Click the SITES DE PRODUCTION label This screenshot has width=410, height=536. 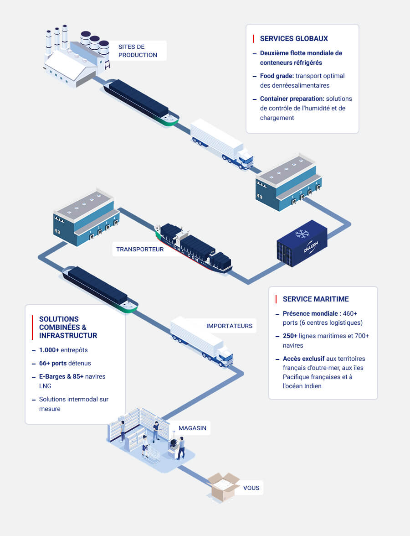[137, 51]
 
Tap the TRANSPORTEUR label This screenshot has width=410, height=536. [139, 249]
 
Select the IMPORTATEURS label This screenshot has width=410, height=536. [229, 326]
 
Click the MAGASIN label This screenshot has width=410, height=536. [192, 428]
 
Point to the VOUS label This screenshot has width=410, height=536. [251, 488]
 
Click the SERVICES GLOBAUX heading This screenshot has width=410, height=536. [294, 39]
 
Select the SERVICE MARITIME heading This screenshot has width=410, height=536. [316, 299]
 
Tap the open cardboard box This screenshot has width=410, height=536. [223, 486]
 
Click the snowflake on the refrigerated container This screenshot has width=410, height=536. [302, 234]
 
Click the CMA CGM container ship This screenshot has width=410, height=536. [194, 249]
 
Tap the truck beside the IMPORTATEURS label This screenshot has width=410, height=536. [201, 341]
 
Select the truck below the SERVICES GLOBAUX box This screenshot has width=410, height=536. [221, 143]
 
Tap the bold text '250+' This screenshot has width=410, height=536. [292, 336]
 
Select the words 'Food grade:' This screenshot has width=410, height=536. [277, 76]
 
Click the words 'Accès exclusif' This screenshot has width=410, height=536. [303, 359]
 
